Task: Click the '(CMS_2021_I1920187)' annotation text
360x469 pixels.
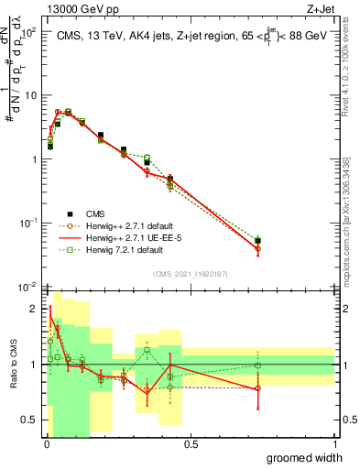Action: tap(190, 274)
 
